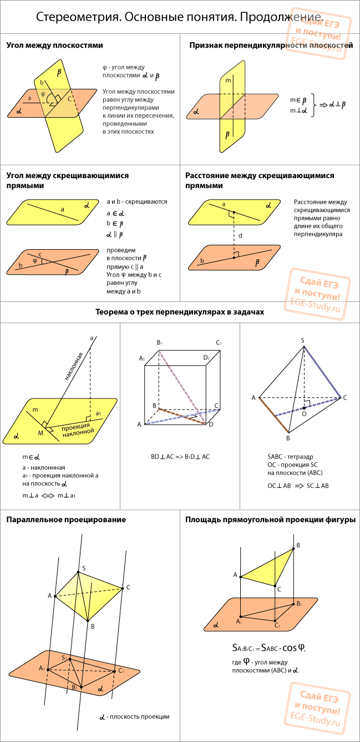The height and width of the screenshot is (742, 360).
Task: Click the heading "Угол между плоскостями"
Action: tap(55, 46)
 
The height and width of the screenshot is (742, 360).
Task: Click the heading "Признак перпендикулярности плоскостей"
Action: tap(271, 46)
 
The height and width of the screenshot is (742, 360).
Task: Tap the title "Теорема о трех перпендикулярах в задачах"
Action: tap(180, 312)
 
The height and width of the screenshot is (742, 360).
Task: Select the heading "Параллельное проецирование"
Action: tap(66, 519)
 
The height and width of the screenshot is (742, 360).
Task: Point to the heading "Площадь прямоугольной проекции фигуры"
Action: tap(270, 519)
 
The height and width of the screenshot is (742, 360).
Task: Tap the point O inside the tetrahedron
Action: tap(304, 408)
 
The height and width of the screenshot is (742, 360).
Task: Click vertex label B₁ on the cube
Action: tap(159, 342)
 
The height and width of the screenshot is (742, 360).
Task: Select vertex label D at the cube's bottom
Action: tap(211, 425)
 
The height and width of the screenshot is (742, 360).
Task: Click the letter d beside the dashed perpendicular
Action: tap(240, 235)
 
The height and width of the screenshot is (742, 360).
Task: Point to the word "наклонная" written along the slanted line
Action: tap(73, 366)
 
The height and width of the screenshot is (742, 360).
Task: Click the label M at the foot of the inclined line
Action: tap(40, 433)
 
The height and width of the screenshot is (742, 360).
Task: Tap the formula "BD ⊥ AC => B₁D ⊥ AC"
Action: tap(180, 457)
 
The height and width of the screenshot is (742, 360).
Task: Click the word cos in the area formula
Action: tap(290, 648)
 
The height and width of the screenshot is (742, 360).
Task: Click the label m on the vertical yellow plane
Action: tap(228, 80)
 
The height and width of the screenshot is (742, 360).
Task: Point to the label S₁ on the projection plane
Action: tap(64, 658)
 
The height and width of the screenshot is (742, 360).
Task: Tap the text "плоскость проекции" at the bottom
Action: tap(139, 717)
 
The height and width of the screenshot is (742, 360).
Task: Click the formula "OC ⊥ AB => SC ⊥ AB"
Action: tap(298, 486)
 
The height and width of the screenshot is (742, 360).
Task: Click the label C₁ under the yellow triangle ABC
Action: tap(277, 625)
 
